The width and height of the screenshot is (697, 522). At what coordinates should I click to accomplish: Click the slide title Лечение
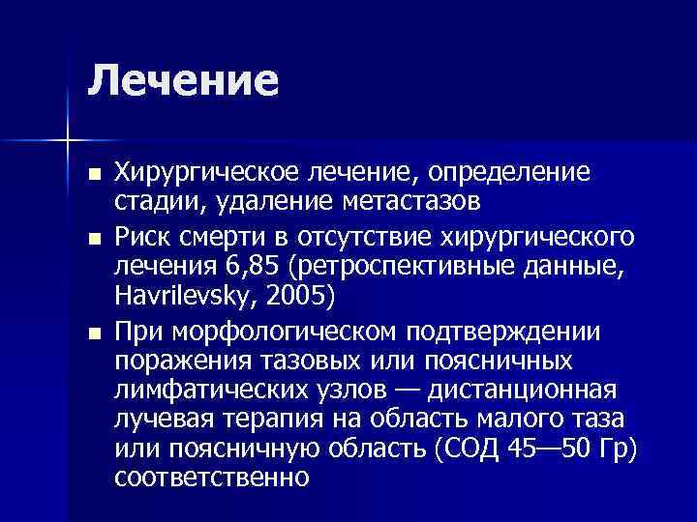point(183,80)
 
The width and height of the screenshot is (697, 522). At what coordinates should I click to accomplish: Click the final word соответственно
point(211,479)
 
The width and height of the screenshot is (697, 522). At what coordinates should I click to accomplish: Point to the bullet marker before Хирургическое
point(93,176)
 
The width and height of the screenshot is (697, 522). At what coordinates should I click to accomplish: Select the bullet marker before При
point(93,333)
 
